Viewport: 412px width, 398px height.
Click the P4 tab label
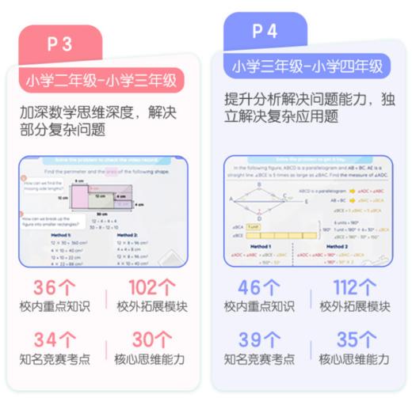pyautogui.click(x=264, y=31)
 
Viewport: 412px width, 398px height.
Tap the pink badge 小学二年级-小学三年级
pyautogui.click(x=101, y=79)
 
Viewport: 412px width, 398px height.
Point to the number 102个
pyautogui.click(x=150, y=288)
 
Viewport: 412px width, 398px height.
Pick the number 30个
pyautogui.click(x=150, y=340)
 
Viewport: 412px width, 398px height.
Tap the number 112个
pyautogui.click(x=353, y=288)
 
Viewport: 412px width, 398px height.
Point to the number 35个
pyautogui.click(x=353, y=340)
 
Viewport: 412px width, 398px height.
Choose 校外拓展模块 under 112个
pyautogui.click(x=354, y=307)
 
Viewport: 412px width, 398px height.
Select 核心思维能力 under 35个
pyautogui.click(x=354, y=359)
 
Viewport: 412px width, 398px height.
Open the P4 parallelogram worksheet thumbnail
pyautogui.click(x=307, y=210)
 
